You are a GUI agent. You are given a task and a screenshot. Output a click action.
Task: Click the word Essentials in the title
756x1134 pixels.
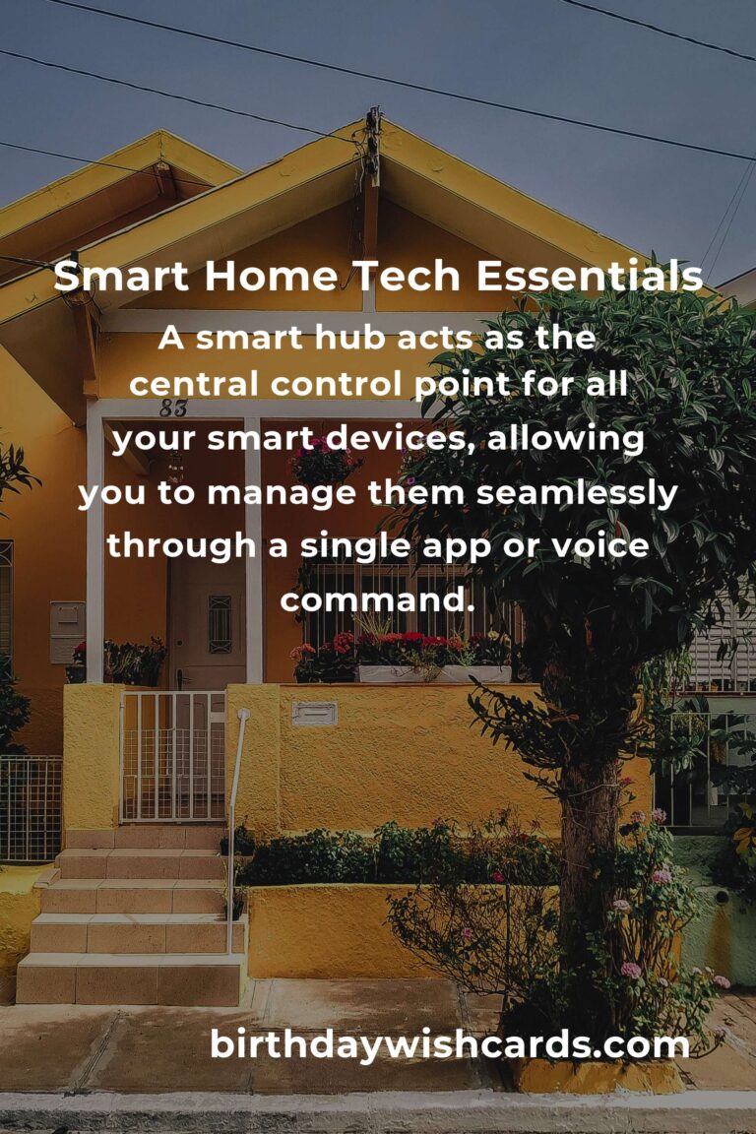[589, 278]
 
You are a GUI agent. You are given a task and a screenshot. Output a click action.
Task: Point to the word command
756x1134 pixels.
[377, 597]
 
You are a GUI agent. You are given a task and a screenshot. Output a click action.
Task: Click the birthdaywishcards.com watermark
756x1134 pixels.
[449, 1044]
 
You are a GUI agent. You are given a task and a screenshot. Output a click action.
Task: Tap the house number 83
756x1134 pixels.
[173, 408]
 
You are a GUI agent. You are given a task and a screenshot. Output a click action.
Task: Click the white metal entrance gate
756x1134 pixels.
[173, 756]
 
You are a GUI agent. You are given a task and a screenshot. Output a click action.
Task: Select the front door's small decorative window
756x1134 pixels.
[220, 624]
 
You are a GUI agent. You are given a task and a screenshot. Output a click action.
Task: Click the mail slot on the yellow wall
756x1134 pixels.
[314, 714]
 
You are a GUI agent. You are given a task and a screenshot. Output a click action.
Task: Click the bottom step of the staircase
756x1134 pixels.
[129, 978]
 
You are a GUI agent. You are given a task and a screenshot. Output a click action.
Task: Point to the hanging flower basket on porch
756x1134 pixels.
[323, 465]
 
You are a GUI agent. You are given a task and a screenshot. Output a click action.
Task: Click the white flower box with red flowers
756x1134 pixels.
[433, 673]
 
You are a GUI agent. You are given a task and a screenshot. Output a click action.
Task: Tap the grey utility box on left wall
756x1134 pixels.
[67, 631]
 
